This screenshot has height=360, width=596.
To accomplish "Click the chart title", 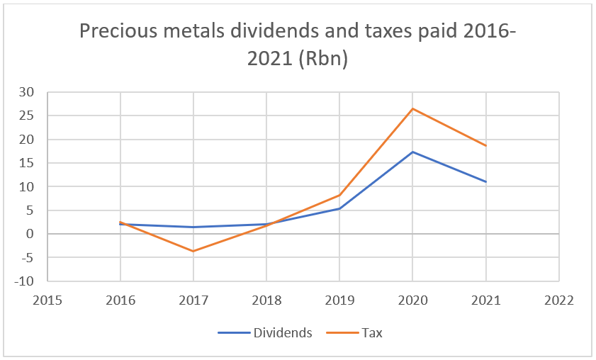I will [x=298, y=45].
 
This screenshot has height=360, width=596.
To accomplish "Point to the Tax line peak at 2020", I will [x=413, y=108].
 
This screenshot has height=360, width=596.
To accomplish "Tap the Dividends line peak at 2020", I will [x=413, y=152].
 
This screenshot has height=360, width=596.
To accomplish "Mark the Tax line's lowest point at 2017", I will [x=193, y=251].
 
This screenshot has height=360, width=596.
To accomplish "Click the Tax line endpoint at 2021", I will [x=486, y=146].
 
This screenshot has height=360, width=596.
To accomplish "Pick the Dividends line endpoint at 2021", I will [x=486, y=182].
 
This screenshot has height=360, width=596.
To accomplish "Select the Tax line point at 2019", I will [x=340, y=195].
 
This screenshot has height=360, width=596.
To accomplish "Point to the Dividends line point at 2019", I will [x=340, y=208].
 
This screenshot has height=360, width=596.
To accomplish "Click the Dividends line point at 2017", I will [x=193, y=227].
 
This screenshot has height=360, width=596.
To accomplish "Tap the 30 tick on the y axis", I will [x=27, y=92].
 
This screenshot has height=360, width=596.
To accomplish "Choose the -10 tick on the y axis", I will [x=24, y=281].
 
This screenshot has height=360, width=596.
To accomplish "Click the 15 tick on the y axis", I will [x=27, y=163].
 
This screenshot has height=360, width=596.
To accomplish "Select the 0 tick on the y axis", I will [x=30, y=234].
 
